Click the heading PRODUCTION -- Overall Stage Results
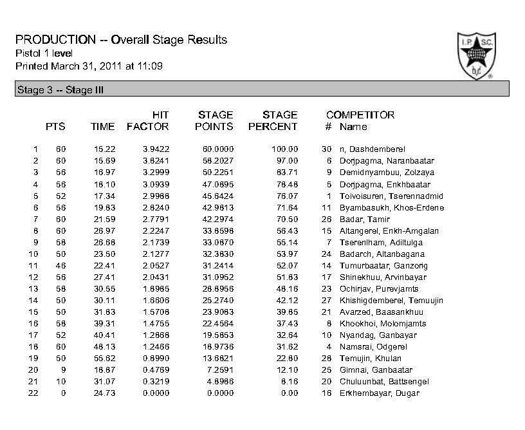tap(121, 40)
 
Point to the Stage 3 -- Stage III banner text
tap(59, 90)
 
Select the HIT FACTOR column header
tap(148, 121)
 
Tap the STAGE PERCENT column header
tap(273, 121)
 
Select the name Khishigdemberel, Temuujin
tap(391, 301)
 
